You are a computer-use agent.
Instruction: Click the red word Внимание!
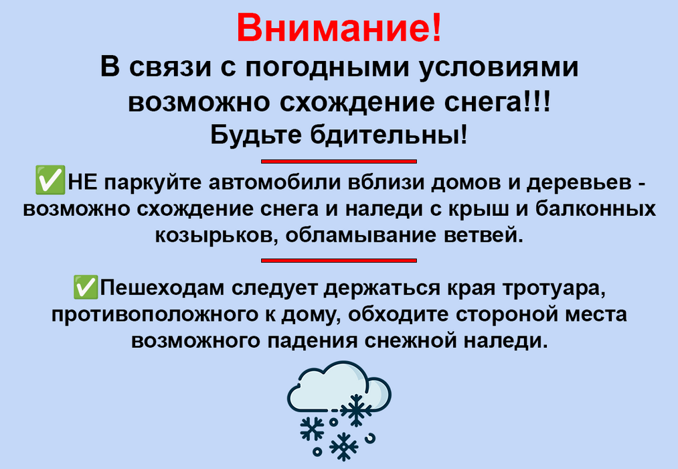pos(339,27)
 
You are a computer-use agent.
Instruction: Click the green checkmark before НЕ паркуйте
pos(50,180)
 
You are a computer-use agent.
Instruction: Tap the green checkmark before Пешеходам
pos(86,287)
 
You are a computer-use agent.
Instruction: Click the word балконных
pos(596,208)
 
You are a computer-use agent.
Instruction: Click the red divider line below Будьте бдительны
pos(339,161)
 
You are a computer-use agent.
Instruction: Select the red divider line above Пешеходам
pos(339,261)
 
